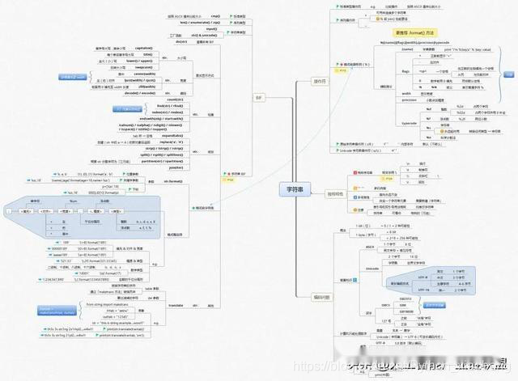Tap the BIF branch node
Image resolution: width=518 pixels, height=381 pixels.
coord(259,97)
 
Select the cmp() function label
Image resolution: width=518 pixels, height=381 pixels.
coord(215,15)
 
